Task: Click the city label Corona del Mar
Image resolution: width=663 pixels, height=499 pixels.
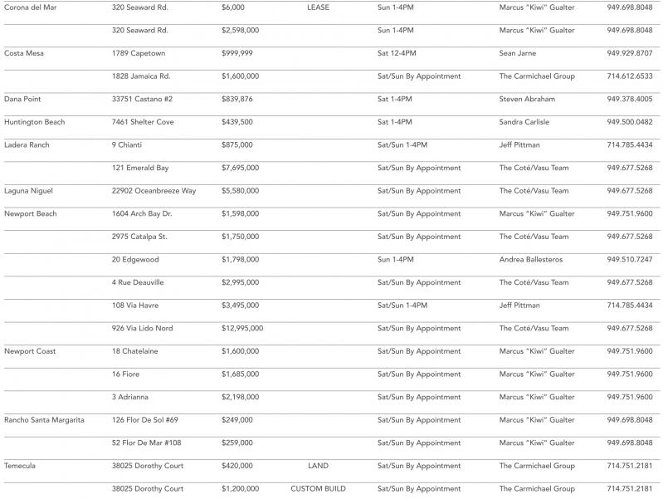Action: point(30,7)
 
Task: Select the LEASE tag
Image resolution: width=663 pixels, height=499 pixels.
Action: point(318,7)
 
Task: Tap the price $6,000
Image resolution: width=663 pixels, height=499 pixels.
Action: point(232,7)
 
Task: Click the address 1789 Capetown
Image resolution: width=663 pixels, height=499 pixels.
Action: point(139,53)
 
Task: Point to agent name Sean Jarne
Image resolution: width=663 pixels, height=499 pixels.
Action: point(518,53)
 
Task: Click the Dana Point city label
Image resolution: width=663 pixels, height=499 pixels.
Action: point(23,99)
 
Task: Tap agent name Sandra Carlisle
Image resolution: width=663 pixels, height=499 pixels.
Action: point(524,122)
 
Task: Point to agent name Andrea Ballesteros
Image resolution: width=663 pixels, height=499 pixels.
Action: point(531,259)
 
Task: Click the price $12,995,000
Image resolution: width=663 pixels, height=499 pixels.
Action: point(242,328)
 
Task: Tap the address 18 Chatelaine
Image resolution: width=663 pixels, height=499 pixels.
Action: point(135,351)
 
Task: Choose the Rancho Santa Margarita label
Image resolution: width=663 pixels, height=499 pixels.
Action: point(44,419)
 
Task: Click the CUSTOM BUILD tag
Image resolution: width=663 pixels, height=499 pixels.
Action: point(318,488)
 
